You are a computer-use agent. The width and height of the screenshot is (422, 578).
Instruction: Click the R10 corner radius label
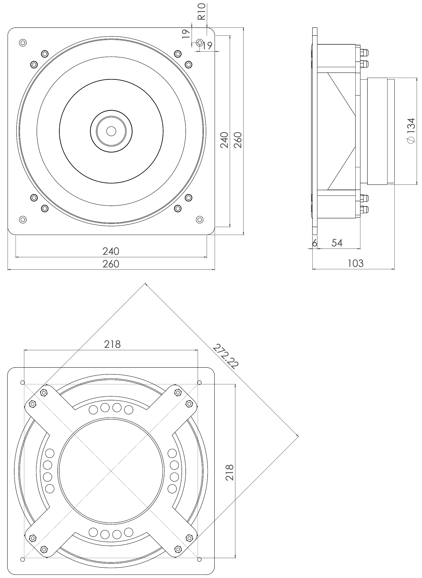(202, 12)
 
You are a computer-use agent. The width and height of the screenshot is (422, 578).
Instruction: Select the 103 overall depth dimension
(355, 263)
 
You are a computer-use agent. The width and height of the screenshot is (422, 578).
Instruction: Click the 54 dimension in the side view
(337, 243)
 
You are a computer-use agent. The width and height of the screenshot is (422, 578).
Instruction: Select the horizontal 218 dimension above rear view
(112, 344)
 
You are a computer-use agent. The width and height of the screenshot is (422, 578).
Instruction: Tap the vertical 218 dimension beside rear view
(229, 472)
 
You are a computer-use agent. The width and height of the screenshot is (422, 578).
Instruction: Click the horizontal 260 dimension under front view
(111, 264)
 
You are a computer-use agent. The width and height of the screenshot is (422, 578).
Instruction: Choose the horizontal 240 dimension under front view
(111, 251)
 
